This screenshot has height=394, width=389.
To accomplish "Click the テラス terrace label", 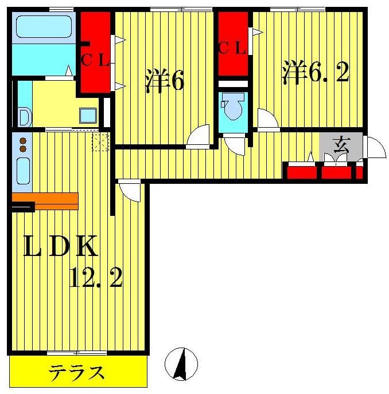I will pos(77,373).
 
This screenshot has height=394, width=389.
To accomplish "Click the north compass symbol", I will pos(181,364).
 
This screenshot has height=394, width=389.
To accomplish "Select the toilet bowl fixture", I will pos(232,108).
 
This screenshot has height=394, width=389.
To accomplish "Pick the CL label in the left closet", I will pos(95,59).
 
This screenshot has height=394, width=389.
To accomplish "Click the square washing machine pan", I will pos(89,115).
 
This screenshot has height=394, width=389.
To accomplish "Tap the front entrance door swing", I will pos(374,148).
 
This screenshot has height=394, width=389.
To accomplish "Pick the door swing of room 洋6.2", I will pos(268,120).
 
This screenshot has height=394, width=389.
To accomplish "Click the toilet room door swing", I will pos(236,144).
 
